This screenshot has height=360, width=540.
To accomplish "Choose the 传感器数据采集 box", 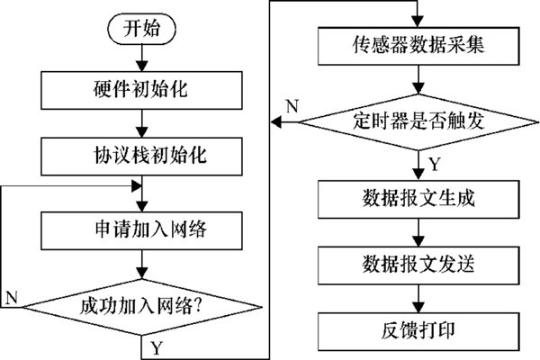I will click(413, 43).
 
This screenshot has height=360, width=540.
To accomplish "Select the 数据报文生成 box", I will click(413, 196).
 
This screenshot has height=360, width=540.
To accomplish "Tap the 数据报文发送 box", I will click(413, 265).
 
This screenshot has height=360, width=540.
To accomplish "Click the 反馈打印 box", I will click(413, 330).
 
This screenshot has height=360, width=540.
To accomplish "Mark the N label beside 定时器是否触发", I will click(290, 104).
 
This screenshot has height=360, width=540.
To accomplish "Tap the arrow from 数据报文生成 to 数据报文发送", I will click(413, 232).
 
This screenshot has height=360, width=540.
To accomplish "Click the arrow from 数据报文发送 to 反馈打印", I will click(413, 300).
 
